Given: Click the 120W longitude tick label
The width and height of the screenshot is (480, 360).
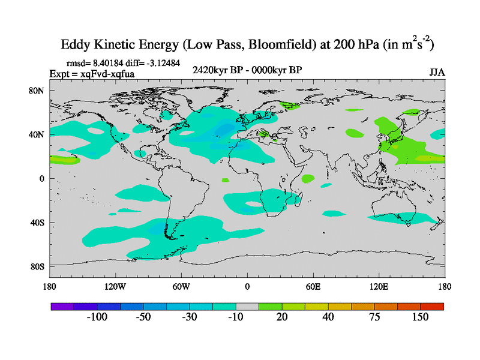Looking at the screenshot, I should (x=115, y=286).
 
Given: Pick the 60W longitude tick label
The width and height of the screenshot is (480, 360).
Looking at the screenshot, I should (x=181, y=286).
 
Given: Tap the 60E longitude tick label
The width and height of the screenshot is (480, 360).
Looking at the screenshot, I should (x=313, y=286).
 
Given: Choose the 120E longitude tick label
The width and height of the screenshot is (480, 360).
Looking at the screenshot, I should (x=379, y=286).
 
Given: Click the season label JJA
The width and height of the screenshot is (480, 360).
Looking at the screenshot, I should (x=437, y=72).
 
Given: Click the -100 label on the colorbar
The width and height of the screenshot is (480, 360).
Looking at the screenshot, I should (x=97, y=317).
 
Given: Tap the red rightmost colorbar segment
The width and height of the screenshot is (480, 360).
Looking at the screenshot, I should (x=432, y=306).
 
